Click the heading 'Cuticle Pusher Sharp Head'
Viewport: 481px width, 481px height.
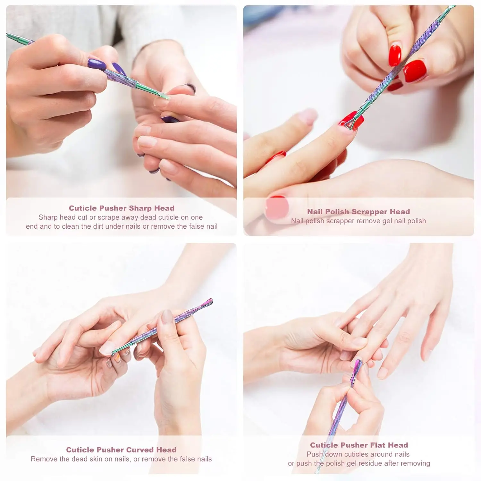(x=122, y=208)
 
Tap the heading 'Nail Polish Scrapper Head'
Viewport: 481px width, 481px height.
(x=358, y=212)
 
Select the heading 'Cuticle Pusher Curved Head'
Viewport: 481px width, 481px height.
(x=121, y=450)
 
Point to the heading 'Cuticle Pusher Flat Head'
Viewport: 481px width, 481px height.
(x=359, y=445)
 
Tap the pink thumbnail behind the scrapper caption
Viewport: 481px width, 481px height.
(x=277, y=207)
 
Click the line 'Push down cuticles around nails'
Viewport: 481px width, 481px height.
(x=358, y=454)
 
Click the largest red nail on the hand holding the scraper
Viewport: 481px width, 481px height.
(x=415, y=70)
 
